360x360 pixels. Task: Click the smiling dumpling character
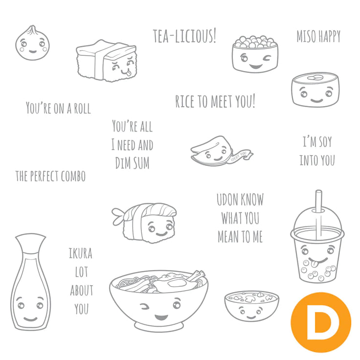click(32, 44)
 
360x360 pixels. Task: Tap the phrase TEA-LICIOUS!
click(184, 36)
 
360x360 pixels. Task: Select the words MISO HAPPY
click(318, 36)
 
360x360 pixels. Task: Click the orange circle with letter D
click(321, 322)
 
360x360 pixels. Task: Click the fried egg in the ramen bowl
click(176, 284)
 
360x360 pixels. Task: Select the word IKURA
click(81, 253)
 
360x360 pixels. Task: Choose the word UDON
click(227, 200)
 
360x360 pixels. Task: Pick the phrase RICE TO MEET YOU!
click(215, 101)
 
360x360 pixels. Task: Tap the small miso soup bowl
click(251, 306)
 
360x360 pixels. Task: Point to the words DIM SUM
click(132, 163)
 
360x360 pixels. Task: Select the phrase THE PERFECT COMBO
click(50, 176)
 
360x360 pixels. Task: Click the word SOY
click(325, 142)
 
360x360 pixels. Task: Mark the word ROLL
click(82, 109)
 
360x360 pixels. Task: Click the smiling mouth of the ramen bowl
click(161, 317)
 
